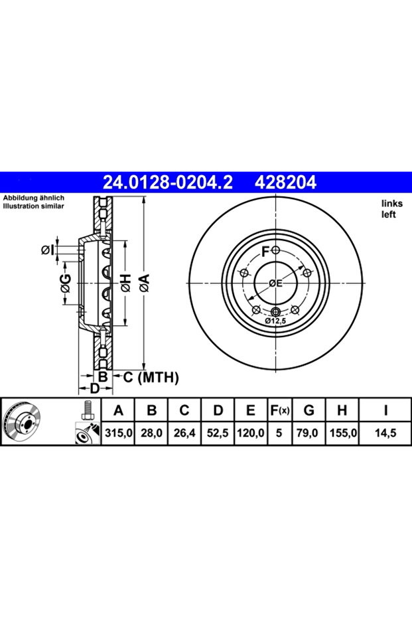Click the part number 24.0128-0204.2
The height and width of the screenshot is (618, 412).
pos(168,182)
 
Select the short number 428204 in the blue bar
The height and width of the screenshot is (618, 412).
pos(285,182)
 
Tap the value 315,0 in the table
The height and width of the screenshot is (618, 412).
pos(118,433)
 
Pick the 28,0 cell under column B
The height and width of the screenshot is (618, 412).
pos(151,433)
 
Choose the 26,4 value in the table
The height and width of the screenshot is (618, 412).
pos(184,433)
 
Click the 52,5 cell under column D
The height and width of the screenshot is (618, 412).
pos(218,433)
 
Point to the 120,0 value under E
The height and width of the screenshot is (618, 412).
pos(251,433)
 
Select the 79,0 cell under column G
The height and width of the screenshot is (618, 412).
pos(309,433)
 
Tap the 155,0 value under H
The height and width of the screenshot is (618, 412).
pos(342,433)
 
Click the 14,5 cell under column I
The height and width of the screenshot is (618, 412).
pos(385,433)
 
